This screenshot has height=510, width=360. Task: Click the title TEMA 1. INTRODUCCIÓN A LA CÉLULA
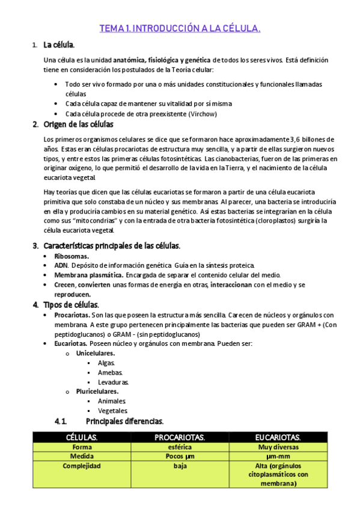pos(180,28)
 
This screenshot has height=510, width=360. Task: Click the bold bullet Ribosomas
pos(72,256)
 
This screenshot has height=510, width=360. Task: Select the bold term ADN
pos(61,265)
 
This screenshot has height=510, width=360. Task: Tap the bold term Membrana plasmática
pos(81,275)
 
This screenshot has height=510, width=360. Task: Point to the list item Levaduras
pos(113,382)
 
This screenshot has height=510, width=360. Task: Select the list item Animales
pos(112,401)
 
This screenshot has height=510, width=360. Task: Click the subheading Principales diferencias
pos(124,421)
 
